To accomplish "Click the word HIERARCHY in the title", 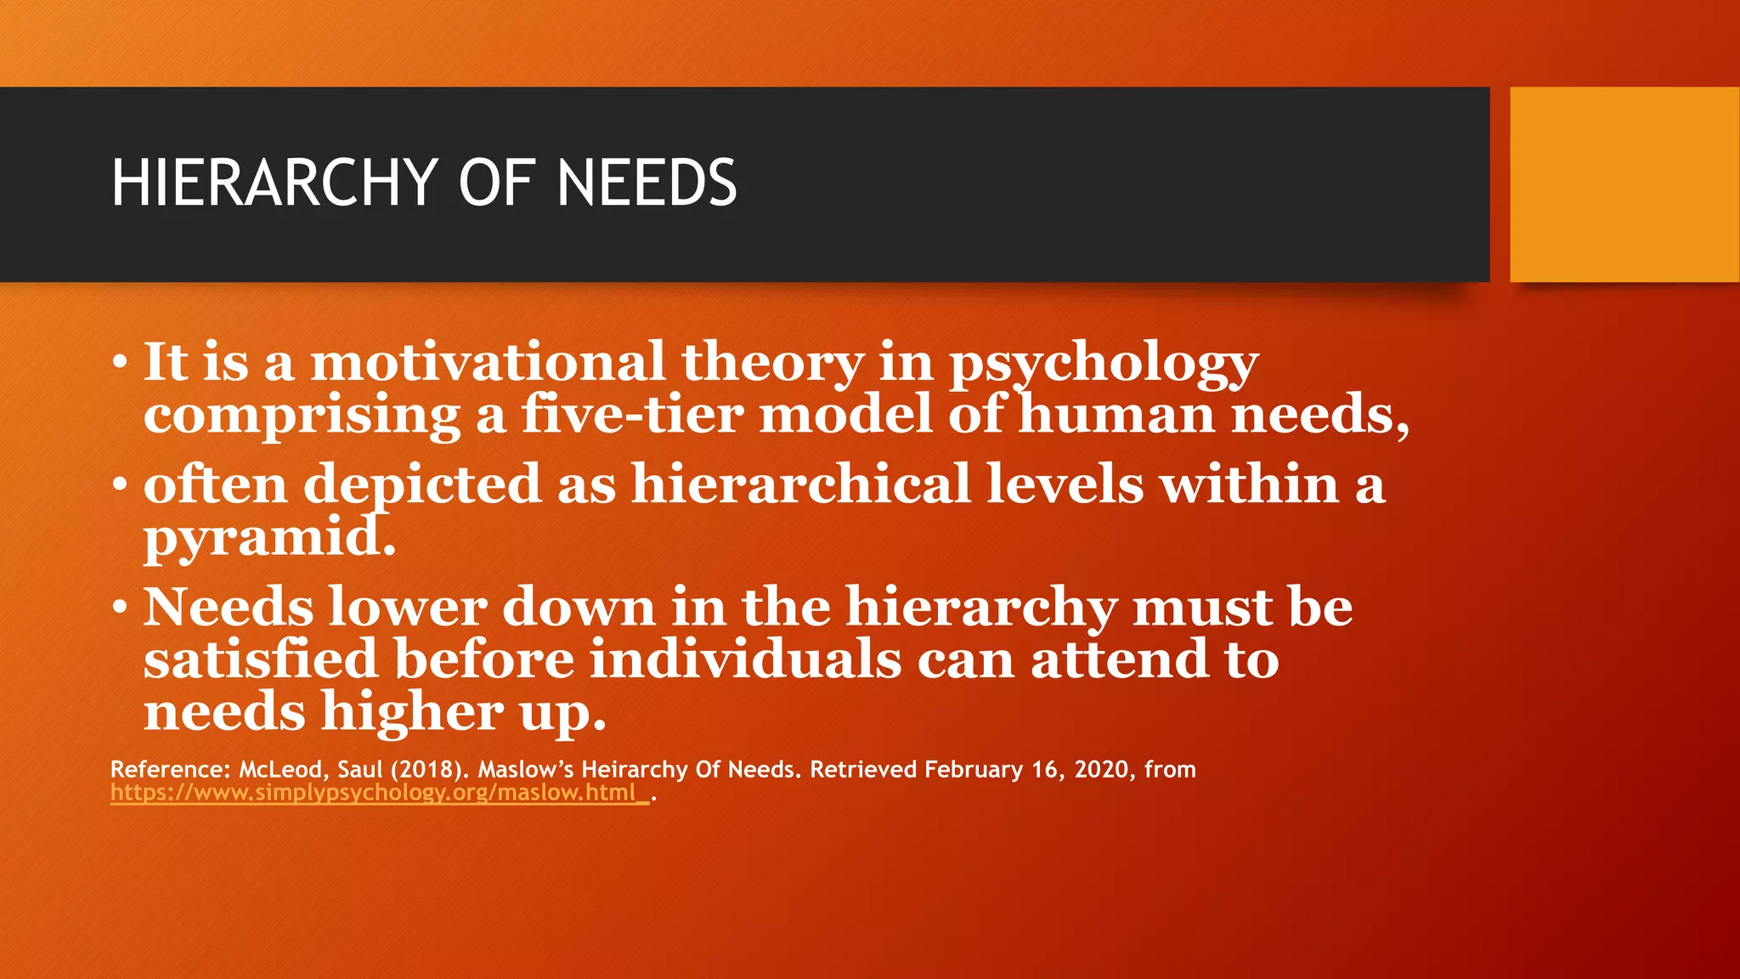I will pos(274,183).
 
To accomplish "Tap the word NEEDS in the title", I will pos(647,183).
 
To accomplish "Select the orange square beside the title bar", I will pos(1624,184).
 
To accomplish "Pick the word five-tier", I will pos(632,415).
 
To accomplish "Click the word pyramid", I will pos(269,539).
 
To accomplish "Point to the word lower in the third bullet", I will pos(408,608).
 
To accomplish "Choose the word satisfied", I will pos(260,659).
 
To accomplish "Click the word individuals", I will pos(745,659).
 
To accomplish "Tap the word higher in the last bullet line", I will pos(412,712).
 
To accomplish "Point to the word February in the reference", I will pos(974,770).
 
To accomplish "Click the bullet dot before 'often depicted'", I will pos(121,485).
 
